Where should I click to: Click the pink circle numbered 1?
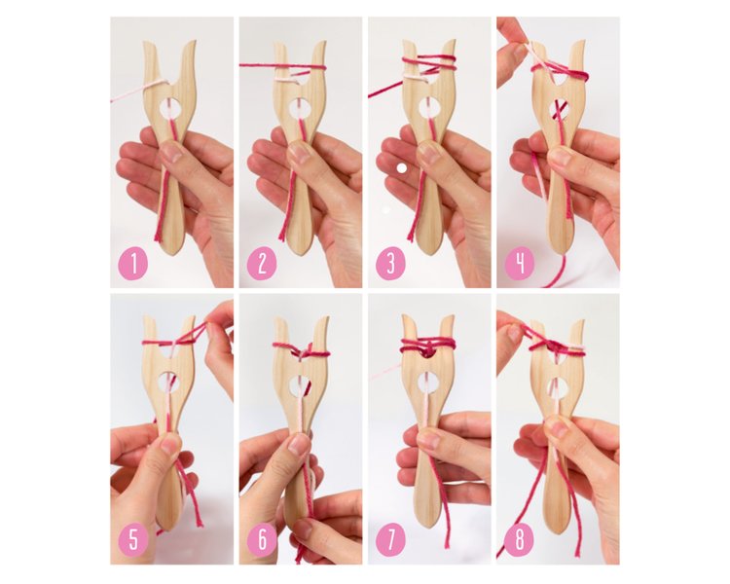[133, 265]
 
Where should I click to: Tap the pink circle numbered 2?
[262, 265]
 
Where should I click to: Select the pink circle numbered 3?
[390, 264]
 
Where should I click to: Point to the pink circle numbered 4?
[520, 264]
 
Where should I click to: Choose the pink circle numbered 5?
[133, 541]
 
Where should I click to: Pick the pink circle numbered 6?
[262, 541]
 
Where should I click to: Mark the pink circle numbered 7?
[390, 540]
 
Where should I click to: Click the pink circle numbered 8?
[520, 540]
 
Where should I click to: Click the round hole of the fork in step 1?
[171, 108]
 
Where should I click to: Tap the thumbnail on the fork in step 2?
[302, 152]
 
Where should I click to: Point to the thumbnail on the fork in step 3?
[430, 152]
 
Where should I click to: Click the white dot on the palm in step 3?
[402, 168]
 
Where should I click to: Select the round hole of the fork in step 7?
[428, 383]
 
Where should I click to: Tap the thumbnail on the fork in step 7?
[429, 440]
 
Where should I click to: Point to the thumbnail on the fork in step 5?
[170, 444]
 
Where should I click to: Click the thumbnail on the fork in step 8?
[559, 429]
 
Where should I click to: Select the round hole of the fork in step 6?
[301, 383]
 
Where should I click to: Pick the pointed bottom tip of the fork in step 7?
[429, 528]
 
